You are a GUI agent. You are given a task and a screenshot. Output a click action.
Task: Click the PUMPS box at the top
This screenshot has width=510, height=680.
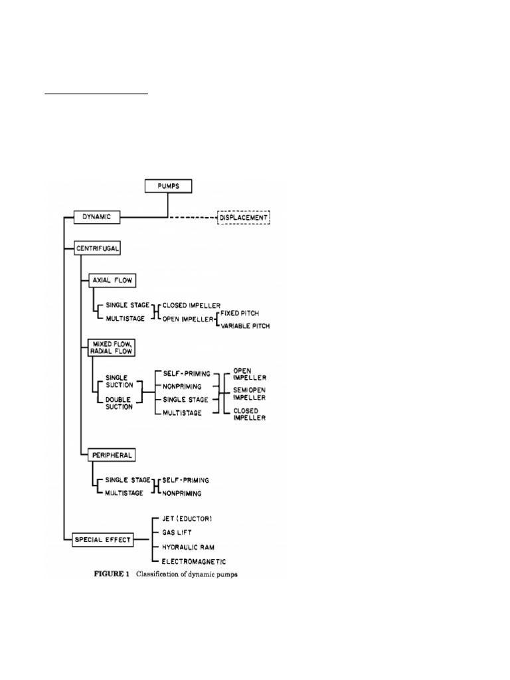point(168,186)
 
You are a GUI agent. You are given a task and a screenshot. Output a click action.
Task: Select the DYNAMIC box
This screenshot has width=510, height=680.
point(96,216)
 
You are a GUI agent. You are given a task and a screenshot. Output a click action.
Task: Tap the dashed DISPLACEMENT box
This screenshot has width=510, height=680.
point(244,217)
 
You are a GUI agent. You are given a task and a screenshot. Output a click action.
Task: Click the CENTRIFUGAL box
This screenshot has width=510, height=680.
point(98,248)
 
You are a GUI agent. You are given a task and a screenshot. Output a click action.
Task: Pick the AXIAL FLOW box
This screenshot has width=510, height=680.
point(112,280)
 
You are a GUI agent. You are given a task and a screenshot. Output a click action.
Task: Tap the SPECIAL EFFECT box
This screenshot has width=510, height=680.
point(102,540)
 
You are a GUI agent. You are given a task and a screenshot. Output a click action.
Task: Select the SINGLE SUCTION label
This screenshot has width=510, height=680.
point(116,381)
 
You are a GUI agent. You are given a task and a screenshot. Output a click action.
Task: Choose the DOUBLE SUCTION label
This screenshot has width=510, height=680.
point(116,402)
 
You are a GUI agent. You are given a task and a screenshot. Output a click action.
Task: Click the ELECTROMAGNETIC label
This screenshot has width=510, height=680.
point(195,561)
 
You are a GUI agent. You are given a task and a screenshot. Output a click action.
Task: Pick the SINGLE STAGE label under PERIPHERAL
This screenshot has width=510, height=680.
point(124,479)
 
